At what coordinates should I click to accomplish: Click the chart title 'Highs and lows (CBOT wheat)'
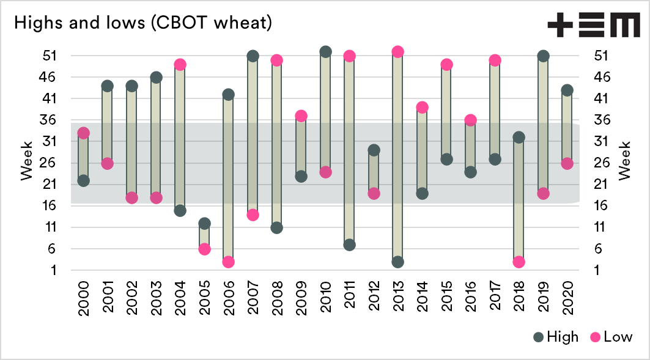coord(142,23)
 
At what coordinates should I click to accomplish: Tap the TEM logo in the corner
coord(591,27)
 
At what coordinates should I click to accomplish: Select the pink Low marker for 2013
coord(397,52)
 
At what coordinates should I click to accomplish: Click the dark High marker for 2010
coord(325,52)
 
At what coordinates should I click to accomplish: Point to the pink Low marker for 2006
coord(229,262)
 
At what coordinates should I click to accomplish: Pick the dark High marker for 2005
coord(204,223)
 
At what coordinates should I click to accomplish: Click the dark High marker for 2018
coord(519,138)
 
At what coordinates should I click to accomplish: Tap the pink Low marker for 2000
coord(84,133)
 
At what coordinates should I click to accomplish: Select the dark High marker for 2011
coord(349,244)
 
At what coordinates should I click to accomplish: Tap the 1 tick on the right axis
coord(601,270)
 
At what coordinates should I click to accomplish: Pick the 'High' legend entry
coord(555,337)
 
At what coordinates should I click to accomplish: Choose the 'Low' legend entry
coord(611,337)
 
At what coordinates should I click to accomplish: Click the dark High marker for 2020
coord(567,90)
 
